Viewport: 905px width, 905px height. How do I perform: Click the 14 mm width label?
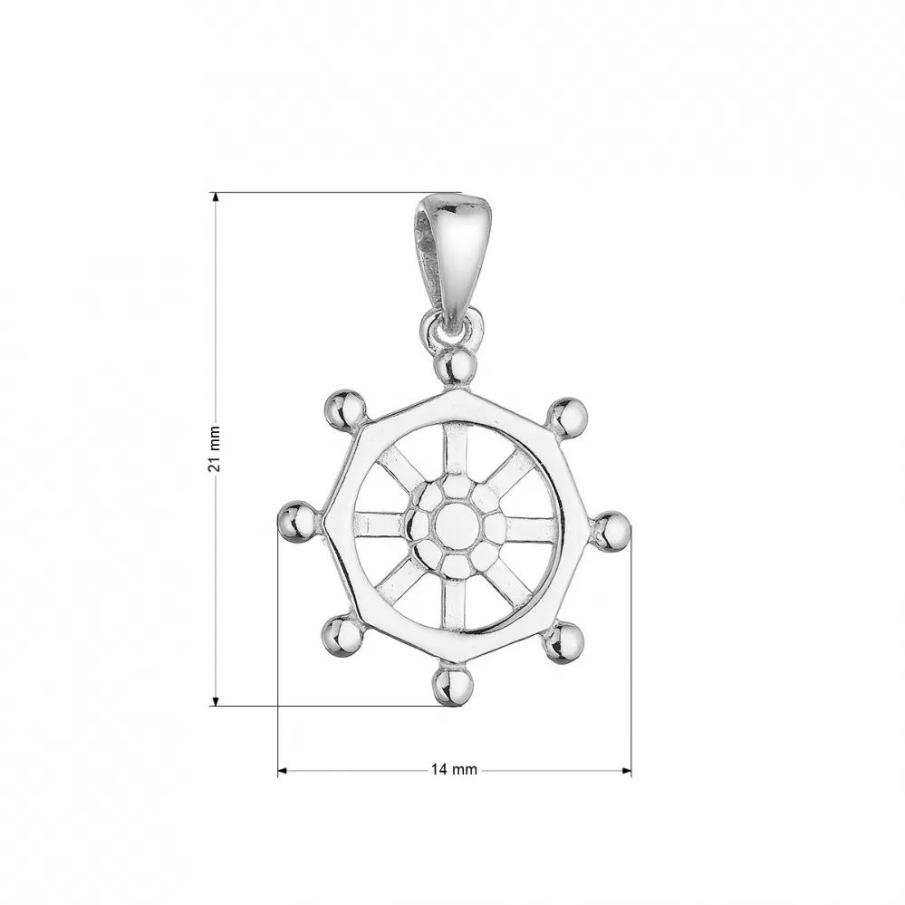coord(454,769)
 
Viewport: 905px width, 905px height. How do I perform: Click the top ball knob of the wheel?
coord(456,367)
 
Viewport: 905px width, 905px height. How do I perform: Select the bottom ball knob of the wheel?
coord(454,685)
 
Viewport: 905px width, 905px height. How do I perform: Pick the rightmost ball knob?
coord(611,531)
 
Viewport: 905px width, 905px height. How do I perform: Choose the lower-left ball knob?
coord(342,636)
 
